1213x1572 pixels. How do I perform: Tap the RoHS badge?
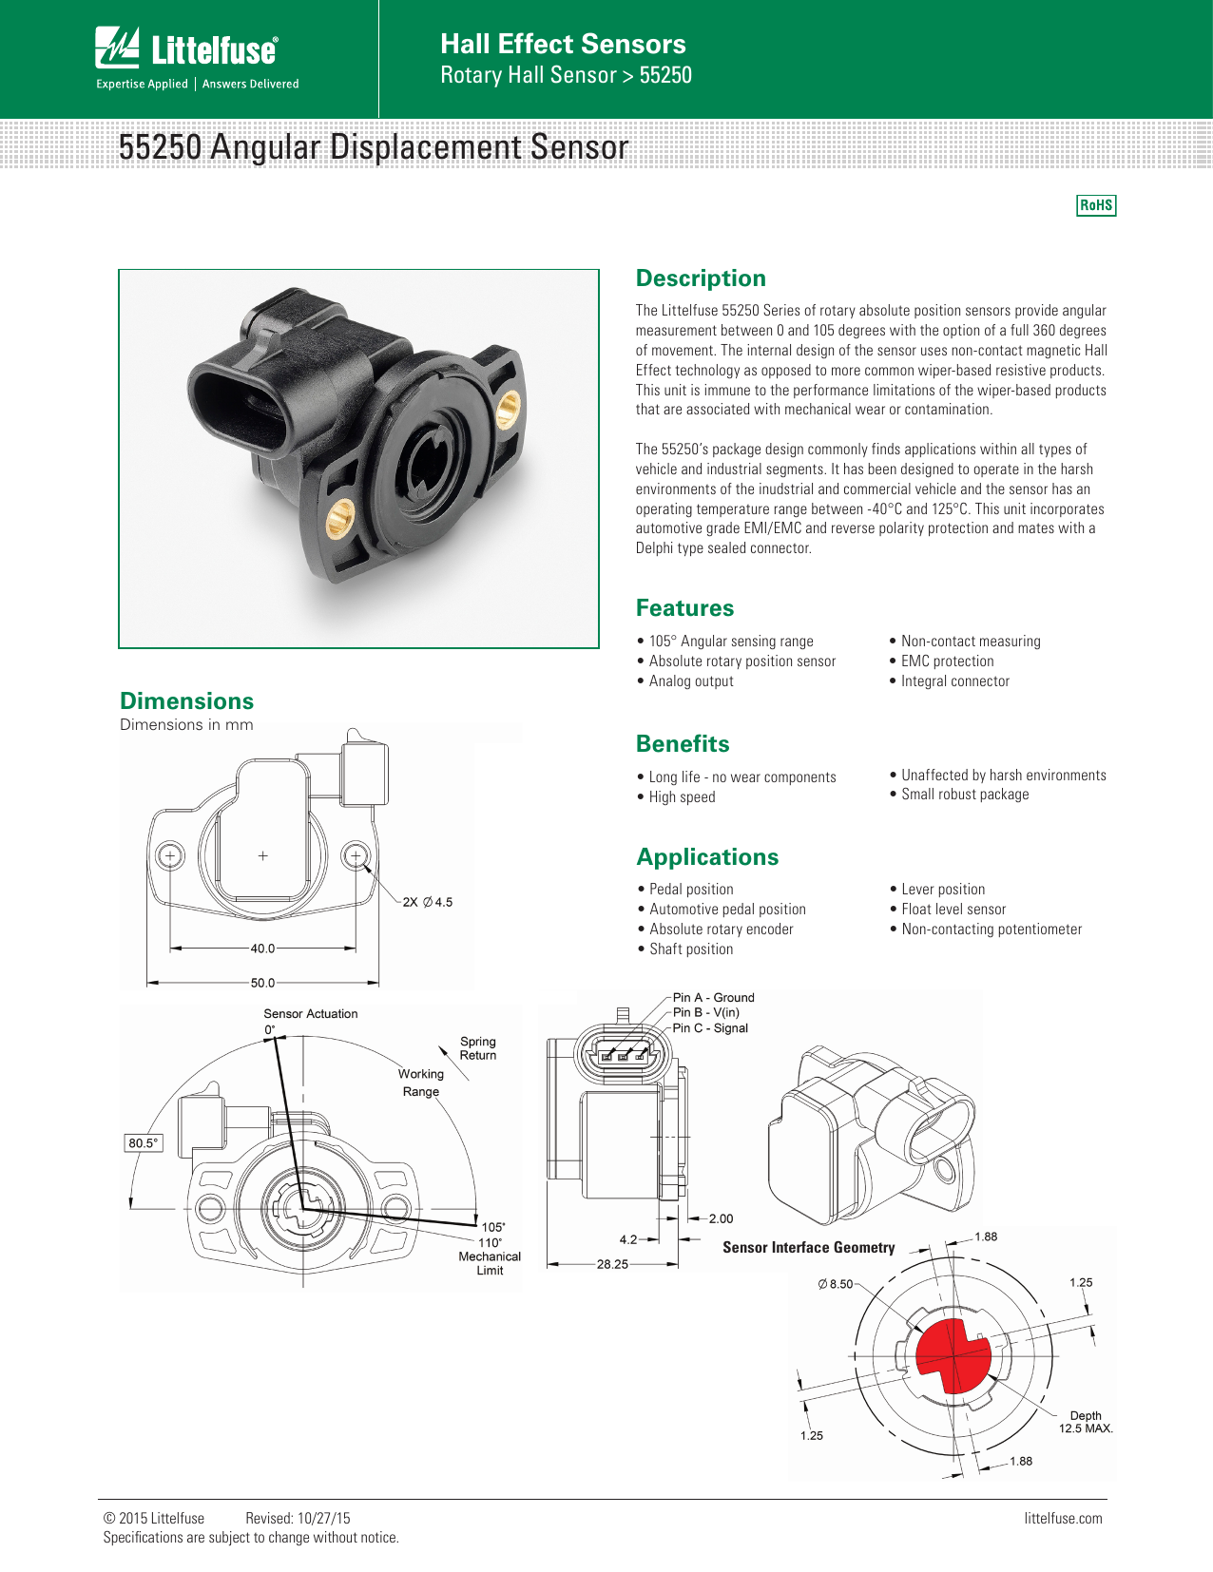(1096, 205)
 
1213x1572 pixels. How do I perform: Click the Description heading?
(701, 278)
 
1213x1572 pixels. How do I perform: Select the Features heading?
(684, 608)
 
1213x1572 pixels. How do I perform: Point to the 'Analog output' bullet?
(691, 681)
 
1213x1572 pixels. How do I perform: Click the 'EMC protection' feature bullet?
(947, 661)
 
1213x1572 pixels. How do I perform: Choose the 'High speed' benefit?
(682, 797)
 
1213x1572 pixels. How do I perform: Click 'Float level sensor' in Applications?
(953, 910)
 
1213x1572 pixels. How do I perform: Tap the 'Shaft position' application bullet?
(691, 949)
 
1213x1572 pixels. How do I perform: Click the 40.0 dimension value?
(262, 949)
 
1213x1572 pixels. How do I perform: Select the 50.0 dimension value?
(262, 983)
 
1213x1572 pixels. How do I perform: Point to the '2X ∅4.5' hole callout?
(428, 902)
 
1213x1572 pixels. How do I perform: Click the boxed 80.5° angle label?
(144, 1143)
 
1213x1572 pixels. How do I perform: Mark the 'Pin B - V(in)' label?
(705, 1013)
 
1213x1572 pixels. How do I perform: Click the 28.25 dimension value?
(612, 1265)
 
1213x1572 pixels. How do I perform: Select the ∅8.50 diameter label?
(836, 1284)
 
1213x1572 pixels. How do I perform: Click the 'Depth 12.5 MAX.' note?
(1086, 1422)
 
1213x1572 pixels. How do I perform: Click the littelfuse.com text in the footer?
(1063, 1519)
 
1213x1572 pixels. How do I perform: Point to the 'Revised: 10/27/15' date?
(298, 1519)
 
